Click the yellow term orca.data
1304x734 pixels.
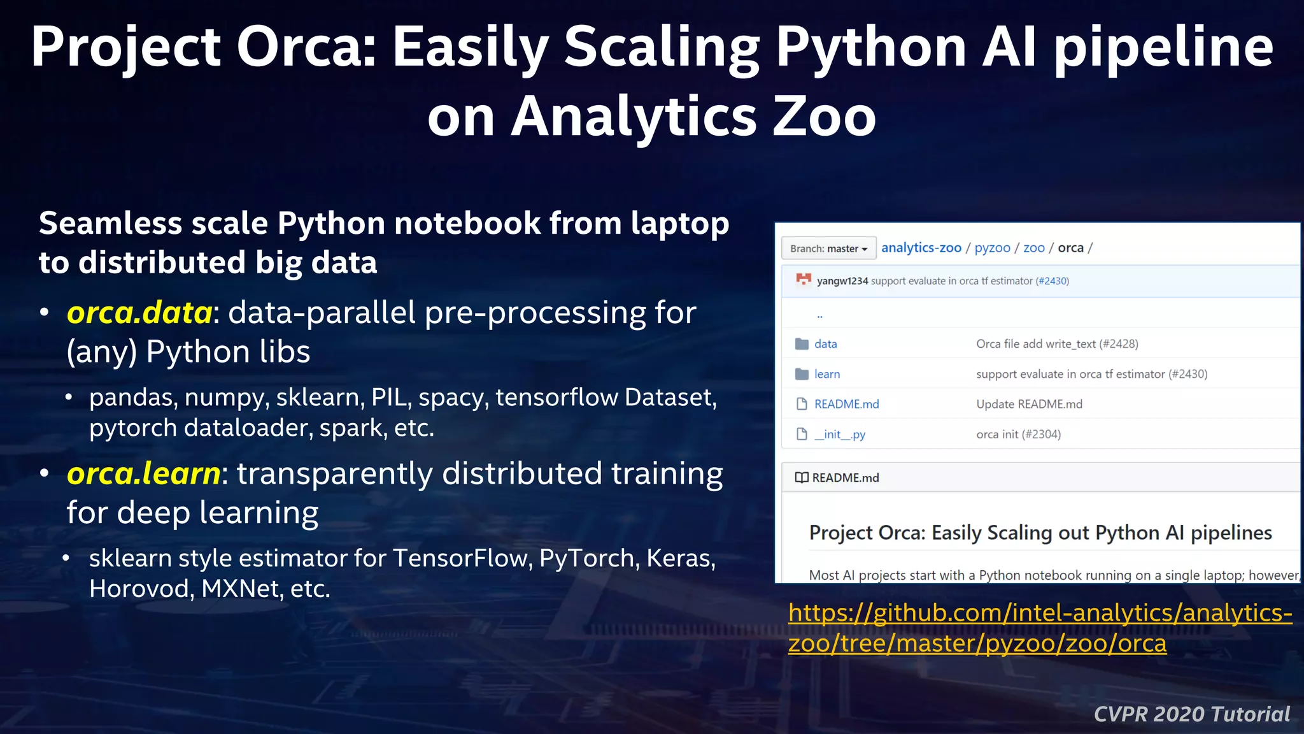[x=139, y=313]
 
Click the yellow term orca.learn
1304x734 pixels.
[x=144, y=474]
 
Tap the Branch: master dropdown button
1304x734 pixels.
[x=828, y=248]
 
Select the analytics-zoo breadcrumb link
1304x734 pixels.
[x=921, y=248]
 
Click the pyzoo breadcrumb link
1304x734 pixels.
[x=992, y=248]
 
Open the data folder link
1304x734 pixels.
[x=825, y=344]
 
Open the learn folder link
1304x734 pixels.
[x=826, y=374]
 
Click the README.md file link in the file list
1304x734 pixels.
[x=846, y=404]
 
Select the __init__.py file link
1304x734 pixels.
[x=839, y=435]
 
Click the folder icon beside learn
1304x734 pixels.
[x=802, y=374]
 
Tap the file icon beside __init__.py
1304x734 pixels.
[x=802, y=435]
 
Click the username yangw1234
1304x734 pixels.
[x=842, y=281]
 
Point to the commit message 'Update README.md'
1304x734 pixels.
[x=1029, y=404]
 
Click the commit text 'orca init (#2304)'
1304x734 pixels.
[x=1018, y=435]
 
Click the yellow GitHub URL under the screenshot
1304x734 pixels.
[x=1040, y=628]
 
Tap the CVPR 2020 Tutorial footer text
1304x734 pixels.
[x=1191, y=714]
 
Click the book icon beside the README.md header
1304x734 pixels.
[x=802, y=478]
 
